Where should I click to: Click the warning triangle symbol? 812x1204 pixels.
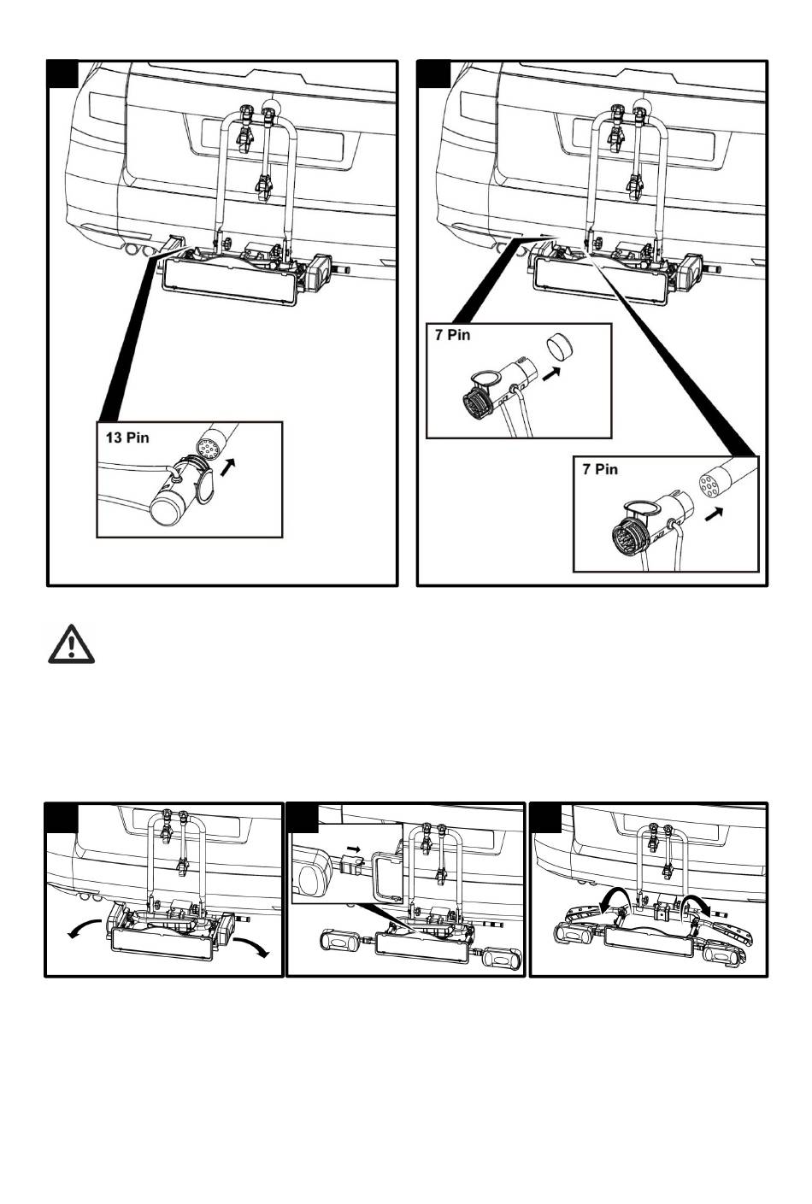[71, 644]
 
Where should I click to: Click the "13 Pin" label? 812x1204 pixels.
[127, 438]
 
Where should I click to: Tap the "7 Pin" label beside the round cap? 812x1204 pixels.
[452, 335]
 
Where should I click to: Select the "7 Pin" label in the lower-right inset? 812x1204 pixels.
[600, 469]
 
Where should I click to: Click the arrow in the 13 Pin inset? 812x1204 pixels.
[228, 467]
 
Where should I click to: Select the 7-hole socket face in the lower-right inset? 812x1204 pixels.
[709, 483]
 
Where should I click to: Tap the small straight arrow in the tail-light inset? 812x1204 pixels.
[353, 849]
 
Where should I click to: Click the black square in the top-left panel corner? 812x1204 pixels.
[63, 73]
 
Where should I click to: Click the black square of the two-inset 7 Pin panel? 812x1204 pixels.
[434, 73]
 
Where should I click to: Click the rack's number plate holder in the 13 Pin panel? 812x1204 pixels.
[232, 280]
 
